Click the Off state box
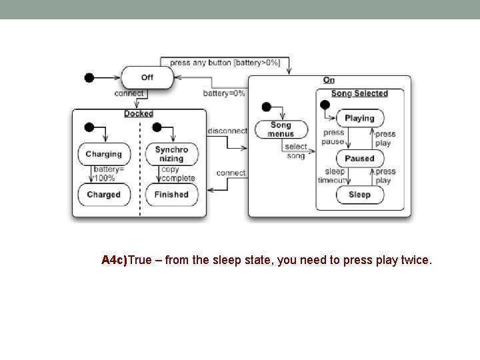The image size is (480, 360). click(x=147, y=77)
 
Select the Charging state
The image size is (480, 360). click(x=103, y=154)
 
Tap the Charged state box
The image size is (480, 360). click(x=103, y=195)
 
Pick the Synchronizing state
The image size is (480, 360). click(x=171, y=154)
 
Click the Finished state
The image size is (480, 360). click(x=171, y=195)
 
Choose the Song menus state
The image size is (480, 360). click(x=281, y=129)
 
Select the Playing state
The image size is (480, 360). click(x=359, y=118)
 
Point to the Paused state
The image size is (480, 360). click(x=359, y=159)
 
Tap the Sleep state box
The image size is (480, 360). click(x=359, y=195)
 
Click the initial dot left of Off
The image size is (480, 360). click(x=89, y=77)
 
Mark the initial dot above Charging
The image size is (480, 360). click(x=89, y=127)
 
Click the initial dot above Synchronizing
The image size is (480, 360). click(x=157, y=127)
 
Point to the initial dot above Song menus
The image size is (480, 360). click(x=266, y=107)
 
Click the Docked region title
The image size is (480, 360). click(x=139, y=114)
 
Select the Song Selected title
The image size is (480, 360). click(x=359, y=94)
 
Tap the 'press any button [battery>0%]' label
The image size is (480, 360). click(x=225, y=63)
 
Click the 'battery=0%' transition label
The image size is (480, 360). click(x=224, y=93)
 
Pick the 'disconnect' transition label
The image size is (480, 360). click(x=227, y=131)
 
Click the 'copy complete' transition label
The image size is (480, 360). click(x=178, y=174)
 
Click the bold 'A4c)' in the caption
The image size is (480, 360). click(x=114, y=260)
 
